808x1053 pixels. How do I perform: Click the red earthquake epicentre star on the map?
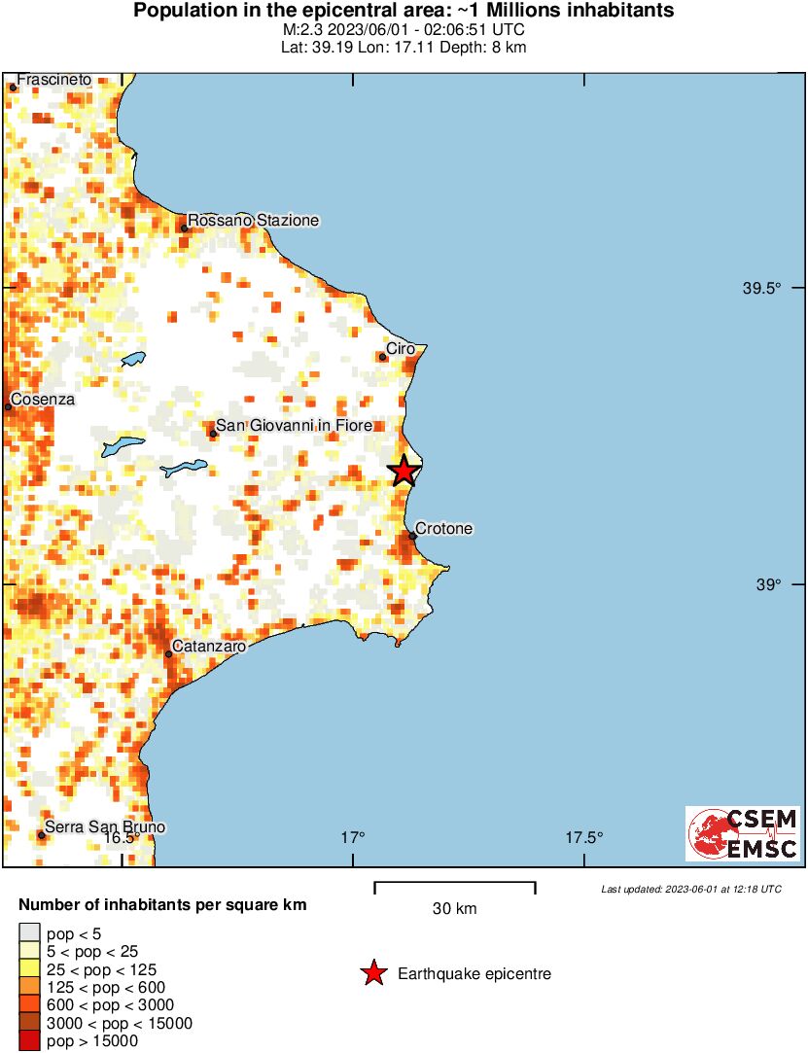click(404, 471)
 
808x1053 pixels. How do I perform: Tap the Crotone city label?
click(443, 529)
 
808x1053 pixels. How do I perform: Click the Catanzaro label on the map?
click(208, 646)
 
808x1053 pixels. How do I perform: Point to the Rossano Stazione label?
click(253, 221)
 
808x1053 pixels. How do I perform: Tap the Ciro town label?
click(401, 348)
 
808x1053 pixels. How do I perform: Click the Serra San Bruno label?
click(105, 827)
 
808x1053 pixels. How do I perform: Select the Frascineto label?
click(54, 79)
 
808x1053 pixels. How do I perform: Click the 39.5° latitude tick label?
click(762, 288)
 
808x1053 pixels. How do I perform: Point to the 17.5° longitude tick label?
click(583, 837)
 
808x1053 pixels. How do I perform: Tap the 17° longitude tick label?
click(353, 837)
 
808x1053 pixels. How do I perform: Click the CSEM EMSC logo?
click(744, 833)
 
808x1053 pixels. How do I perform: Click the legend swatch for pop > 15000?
click(29, 1041)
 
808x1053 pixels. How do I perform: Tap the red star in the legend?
click(373, 973)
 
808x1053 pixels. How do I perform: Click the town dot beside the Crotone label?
click(412, 536)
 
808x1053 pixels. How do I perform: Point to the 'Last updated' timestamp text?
click(690, 889)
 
